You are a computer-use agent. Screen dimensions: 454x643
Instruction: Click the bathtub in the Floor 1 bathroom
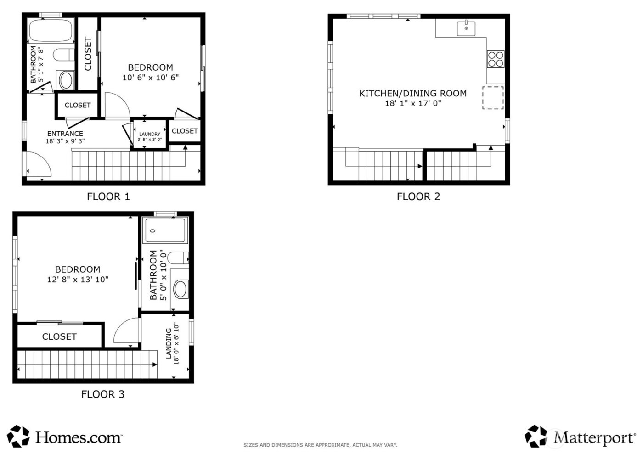tap(51, 31)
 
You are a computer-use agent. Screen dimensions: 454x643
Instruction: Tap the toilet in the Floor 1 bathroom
tap(63, 55)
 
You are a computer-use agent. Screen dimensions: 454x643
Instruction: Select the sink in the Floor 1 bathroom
tap(66, 80)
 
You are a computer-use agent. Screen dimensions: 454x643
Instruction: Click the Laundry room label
tap(150, 134)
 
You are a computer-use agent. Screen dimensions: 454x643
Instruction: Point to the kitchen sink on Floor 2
tap(466, 28)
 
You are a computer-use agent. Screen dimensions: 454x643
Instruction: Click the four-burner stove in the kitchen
tap(496, 59)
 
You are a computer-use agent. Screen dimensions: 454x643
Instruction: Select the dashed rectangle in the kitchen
tap(492, 98)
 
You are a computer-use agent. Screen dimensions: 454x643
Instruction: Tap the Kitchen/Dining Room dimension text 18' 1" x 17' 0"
tap(412, 103)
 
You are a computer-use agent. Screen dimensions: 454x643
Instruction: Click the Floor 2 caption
tap(418, 196)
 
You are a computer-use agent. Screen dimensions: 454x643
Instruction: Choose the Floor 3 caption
tap(102, 394)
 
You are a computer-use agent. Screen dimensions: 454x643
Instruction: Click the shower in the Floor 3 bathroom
tap(165, 231)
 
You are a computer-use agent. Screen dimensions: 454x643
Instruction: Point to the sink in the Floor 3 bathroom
tap(180, 290)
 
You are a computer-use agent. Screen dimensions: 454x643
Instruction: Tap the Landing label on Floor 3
tap(169, 343)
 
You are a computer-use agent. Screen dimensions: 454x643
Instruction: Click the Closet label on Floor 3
tap(59, 336)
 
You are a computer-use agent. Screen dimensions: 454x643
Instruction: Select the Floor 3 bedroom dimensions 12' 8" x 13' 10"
tap(78, 280)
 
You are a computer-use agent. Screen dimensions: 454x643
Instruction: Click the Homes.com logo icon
tap(18, 437)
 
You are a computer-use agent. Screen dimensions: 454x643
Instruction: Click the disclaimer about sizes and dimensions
tap(320, 445)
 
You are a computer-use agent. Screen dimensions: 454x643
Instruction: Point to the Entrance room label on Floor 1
tap(65, 134)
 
